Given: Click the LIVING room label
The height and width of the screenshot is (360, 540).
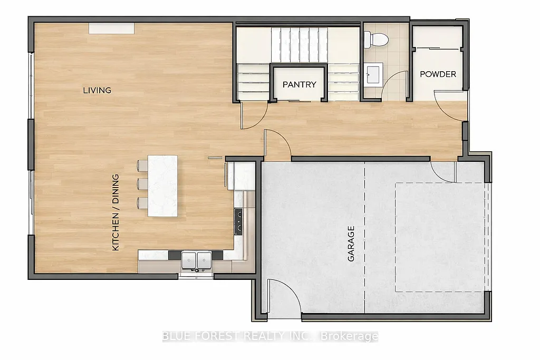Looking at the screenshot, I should point(97,90).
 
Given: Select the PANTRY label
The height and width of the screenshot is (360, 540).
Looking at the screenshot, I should point(299,84).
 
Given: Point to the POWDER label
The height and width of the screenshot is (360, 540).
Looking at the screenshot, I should point(438,74).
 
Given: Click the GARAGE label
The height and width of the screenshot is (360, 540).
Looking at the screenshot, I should point(351,244).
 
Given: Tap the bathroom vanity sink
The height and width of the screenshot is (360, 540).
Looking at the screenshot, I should point(374,73).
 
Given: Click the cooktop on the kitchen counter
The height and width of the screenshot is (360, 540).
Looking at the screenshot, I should point(238,221).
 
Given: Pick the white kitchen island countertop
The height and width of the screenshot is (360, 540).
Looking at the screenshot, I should point(163,186).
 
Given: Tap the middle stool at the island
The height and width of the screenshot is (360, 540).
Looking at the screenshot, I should point(142,184).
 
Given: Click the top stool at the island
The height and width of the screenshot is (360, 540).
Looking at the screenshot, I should point(142,166).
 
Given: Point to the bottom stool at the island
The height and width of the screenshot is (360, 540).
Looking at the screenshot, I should point(142,202).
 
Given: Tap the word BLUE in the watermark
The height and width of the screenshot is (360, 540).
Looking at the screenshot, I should point(173,336).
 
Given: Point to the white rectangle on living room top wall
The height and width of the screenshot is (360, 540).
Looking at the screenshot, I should point(111,28).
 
